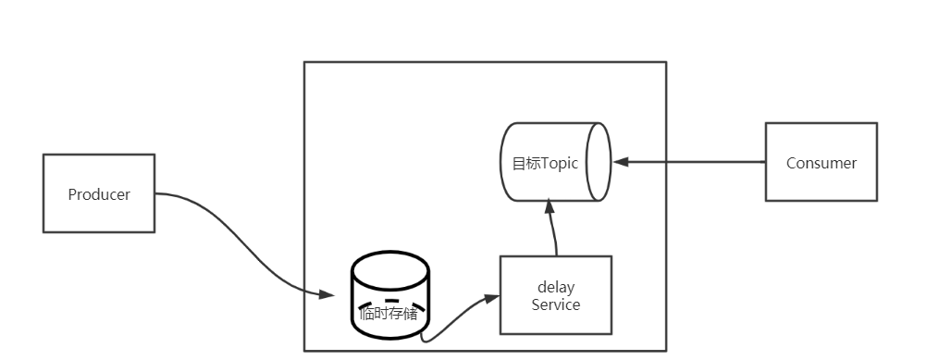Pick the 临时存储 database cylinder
(389, 278)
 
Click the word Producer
(99, 194)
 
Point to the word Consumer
(821, 163)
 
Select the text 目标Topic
(545, 163)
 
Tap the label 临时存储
(389, 314)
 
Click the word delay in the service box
(555, 288)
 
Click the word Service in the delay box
(555, 304)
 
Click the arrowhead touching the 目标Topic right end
(621, 162)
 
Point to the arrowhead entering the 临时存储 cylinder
(326, 295)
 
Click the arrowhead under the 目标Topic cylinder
(549, 209)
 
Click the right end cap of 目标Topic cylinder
(599, 162)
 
